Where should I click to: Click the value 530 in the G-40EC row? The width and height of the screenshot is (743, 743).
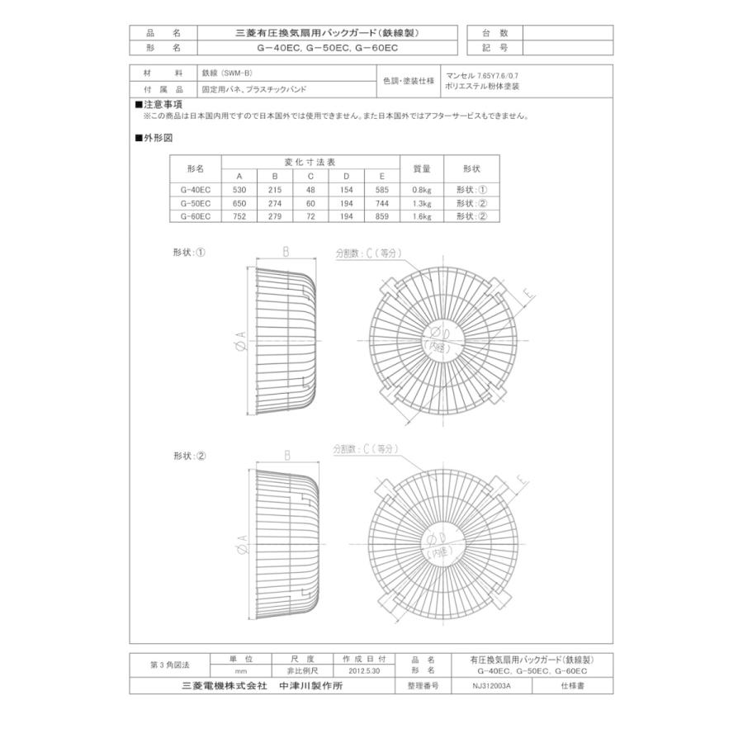[239, 189]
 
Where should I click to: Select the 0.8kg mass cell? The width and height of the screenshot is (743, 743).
[421, 189]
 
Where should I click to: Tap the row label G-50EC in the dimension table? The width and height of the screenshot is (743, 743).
[195, 202]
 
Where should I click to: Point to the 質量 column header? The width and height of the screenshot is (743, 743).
[421, 168]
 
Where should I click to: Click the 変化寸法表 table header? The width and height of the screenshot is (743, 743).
[310, 163]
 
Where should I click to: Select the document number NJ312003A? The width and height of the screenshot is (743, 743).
[492, 686]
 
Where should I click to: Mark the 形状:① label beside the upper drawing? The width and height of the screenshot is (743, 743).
[189, 253]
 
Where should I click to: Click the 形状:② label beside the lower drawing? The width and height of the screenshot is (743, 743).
[189, 456]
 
